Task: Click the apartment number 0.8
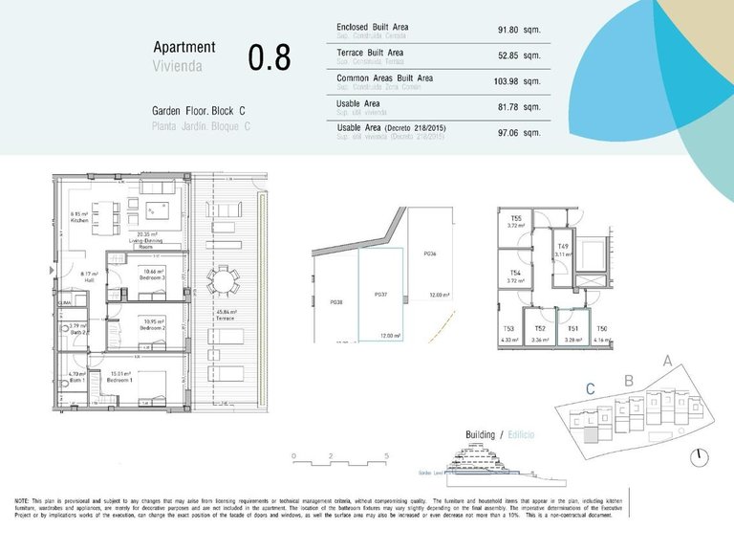[x=269, y=56]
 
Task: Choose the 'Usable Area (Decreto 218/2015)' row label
[x=392, y=127]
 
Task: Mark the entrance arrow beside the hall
[x=52, y=272]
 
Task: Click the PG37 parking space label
[x=380, y=295]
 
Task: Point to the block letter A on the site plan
[x=667, y=362]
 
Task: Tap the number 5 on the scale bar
[x=387, y=456]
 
